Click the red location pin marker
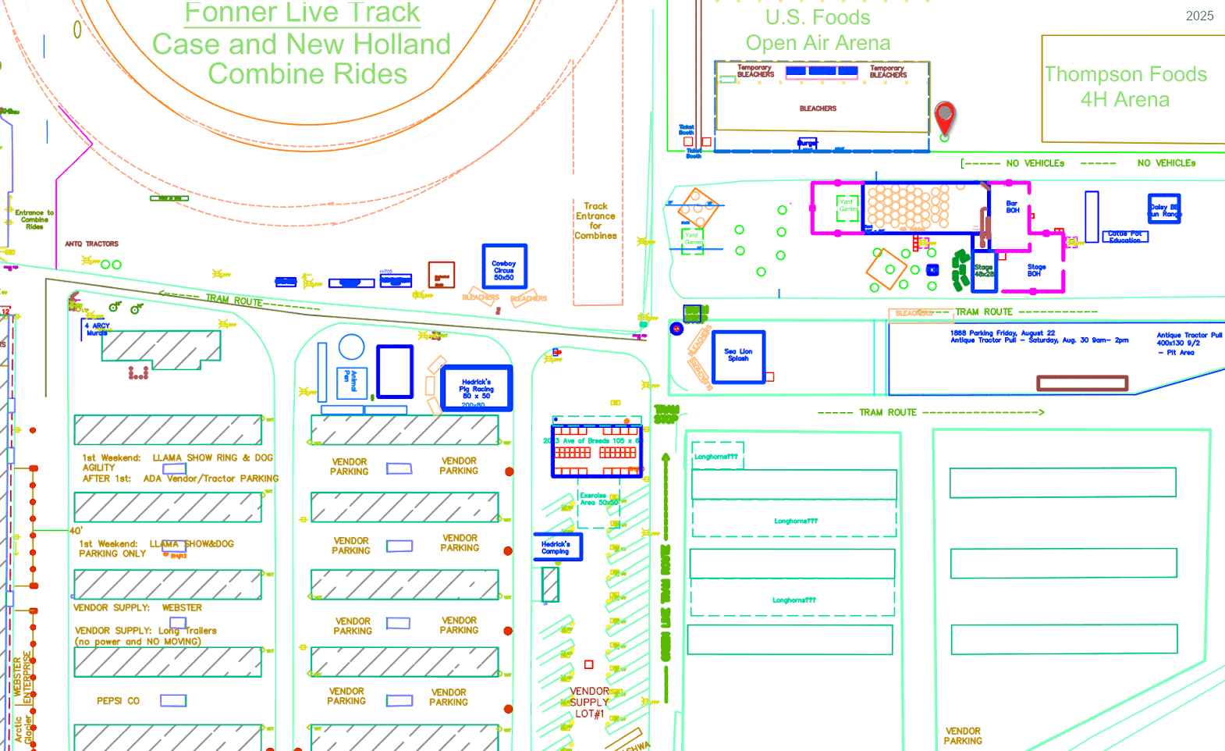pyautogui.click(x=945, y=117)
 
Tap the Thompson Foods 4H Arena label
pyautogui.click(x=1125, y=87)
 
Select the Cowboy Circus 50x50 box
pyautogui.click(x=504, y=266)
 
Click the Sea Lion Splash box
pyautogui.click(x=738, y=356)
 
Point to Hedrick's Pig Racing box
pyautogui.click(x=476, y=388)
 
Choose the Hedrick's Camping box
pyautogui.click(x=556, y=547)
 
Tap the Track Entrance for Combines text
pyautogui.click(x=595, y=221)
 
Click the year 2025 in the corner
pyautogui.click(x=1199, y=16)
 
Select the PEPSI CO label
pyautogui.click(x=118, y=701)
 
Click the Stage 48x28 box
pyautogui.click(x=984, y=271)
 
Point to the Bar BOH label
pyautogui.click(x=1013, y=207)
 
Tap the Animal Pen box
pyautogui.click(x=351, y=382)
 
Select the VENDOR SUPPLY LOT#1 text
pyautogui.click(x=589, y=703)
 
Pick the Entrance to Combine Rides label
pyautogui.click(x=34, y=219)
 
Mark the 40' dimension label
pyautogui.click(x=76, y=531)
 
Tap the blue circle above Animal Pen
pyautogui.click(x=351, y=347)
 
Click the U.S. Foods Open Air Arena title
pyautogui.click(x=818, y=30)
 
